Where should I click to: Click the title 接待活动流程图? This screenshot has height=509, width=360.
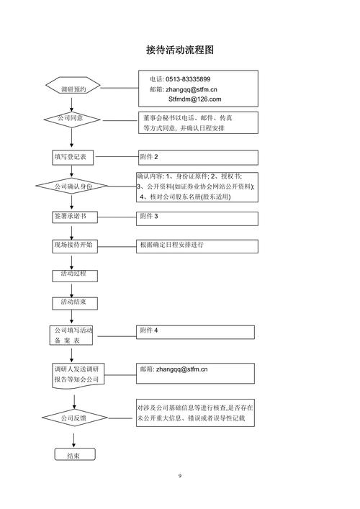[x=180, y=50]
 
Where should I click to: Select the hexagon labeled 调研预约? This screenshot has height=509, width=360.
[x=73, y=88]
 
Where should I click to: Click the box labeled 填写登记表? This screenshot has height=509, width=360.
[x=73, y=156]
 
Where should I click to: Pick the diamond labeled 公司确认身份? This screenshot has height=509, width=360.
[x=72, y=186]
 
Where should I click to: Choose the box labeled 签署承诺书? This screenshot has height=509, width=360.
[x=73, y=216]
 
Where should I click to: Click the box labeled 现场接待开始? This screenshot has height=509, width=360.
[x=73, y=245]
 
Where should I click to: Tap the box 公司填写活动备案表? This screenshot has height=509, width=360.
[x=73, y=335]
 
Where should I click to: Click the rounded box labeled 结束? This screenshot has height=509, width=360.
[x=73, y=456]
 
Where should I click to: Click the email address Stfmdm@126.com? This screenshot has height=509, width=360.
[x=194, y=99]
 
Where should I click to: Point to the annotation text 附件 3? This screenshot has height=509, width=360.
[x=149, y=216]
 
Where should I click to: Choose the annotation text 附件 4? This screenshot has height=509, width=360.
[x=149, y=330]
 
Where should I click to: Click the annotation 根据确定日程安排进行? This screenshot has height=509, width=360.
[x=171, y=245]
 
